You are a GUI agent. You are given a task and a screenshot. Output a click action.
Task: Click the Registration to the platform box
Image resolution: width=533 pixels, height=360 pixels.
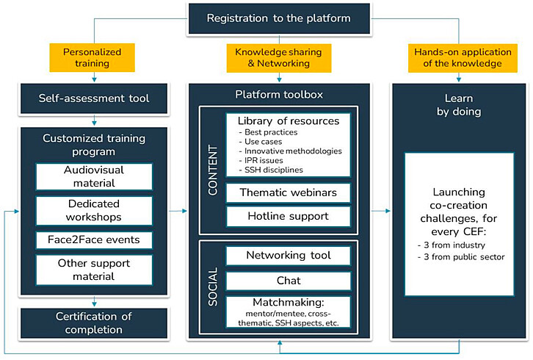click(x=278, y=18)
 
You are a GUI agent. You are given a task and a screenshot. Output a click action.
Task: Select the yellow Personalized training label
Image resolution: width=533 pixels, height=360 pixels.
click(x=92, y=58)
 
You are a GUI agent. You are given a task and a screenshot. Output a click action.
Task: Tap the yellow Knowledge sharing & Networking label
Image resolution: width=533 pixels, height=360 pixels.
click(x=278, y=58)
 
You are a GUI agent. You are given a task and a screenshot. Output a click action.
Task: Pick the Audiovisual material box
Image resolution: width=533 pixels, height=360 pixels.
click(x=94, y=176)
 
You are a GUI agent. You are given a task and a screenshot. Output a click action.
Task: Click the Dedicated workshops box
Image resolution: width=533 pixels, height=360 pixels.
click(x=94, y=210)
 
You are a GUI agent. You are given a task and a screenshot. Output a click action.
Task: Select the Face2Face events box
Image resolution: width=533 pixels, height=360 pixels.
click(x=94, y=240)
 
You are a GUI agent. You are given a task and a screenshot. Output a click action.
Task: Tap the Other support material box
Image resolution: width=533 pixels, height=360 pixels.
click(x=94, y=270)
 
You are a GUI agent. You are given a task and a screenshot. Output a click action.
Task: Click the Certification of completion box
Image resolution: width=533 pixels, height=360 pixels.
click(x=93, y=323)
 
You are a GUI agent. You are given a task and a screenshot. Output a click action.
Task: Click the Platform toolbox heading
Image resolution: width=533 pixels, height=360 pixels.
click(x=278, y=95)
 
